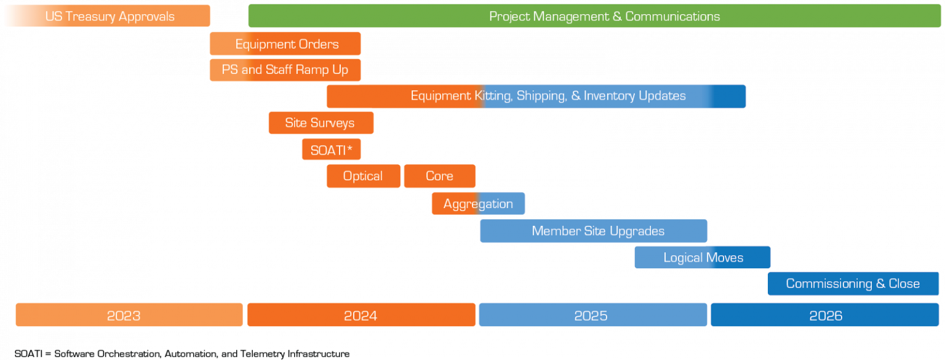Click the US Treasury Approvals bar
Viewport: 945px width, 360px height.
click(110, 17)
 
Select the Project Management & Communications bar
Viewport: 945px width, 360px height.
click(594, 17)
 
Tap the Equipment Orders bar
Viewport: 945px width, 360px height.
click(286, 44)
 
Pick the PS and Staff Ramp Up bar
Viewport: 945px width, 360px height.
click(285, 70)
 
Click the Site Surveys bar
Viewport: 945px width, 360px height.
click(320, 123)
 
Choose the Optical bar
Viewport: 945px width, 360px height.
click(363, 176)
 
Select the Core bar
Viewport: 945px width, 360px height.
click(439, 176)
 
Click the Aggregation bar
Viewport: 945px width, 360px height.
click(478, 204)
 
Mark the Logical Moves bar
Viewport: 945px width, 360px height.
click(703, 258)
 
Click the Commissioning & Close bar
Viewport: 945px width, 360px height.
click(853, 284)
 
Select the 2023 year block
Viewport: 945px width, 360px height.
click(129, 316)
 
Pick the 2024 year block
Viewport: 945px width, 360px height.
click(361, 316)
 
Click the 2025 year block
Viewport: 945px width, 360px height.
click(592, 316)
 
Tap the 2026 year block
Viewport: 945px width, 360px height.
click(825, 316)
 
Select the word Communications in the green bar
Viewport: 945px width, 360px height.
click(672, 17)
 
